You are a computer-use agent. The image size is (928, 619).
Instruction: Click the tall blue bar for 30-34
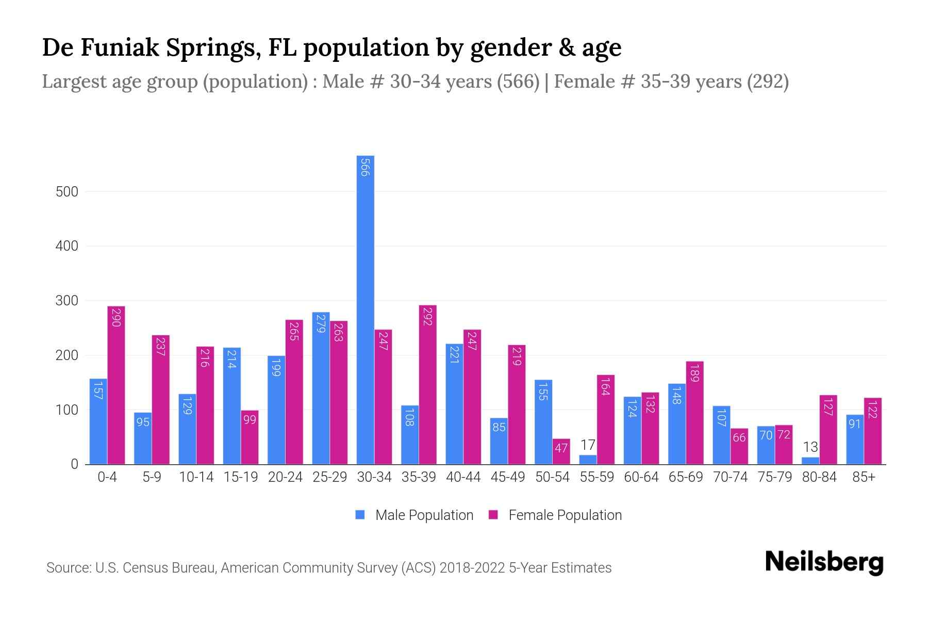(366, 309)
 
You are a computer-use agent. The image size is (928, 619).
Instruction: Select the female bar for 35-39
(427, 384)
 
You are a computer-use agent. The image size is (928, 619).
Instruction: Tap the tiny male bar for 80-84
(810, 461)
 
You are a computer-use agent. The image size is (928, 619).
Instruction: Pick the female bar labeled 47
(561, 451)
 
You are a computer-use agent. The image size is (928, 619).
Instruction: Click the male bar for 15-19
(232, 406)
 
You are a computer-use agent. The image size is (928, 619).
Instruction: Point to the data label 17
(588, 445)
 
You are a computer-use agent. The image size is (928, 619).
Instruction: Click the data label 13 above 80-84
(810, 447)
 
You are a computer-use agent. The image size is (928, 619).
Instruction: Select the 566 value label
(366, 168)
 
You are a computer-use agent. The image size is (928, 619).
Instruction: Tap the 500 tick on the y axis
(67, 192)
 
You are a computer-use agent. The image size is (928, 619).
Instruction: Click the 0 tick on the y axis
(74, 464)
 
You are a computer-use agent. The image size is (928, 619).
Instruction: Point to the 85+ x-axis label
(864, 477)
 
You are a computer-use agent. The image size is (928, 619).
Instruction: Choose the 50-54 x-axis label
(552, 477)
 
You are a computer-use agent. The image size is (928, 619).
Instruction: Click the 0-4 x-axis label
(107, 477)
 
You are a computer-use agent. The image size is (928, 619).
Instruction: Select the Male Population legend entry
(424, 515)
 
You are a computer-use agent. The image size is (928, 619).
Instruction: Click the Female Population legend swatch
(493, 515)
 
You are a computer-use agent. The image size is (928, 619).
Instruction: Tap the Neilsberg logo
(824, 562)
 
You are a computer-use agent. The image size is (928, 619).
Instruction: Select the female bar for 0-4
(116, 385)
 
